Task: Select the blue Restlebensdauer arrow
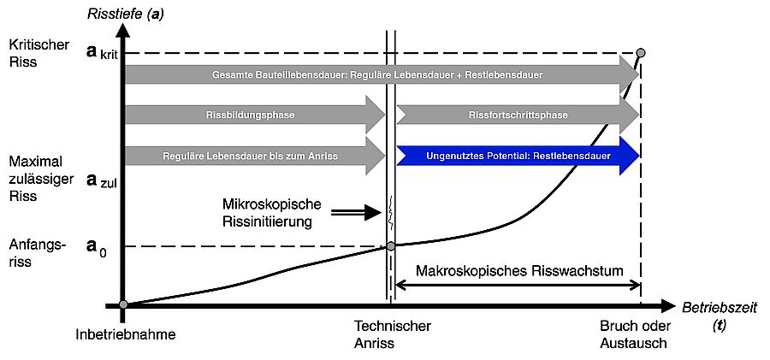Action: point(518,156)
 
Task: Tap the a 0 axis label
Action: point(98,246)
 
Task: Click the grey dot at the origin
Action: point(124,305)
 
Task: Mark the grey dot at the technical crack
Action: point(391,246)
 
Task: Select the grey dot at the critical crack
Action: point(641,53)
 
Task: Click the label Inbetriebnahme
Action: point(125,334)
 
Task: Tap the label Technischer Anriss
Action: point(392,334)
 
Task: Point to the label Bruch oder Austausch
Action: point(633,334)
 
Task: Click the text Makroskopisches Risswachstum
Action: point(518,270)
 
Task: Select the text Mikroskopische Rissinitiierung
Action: point(270,213)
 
